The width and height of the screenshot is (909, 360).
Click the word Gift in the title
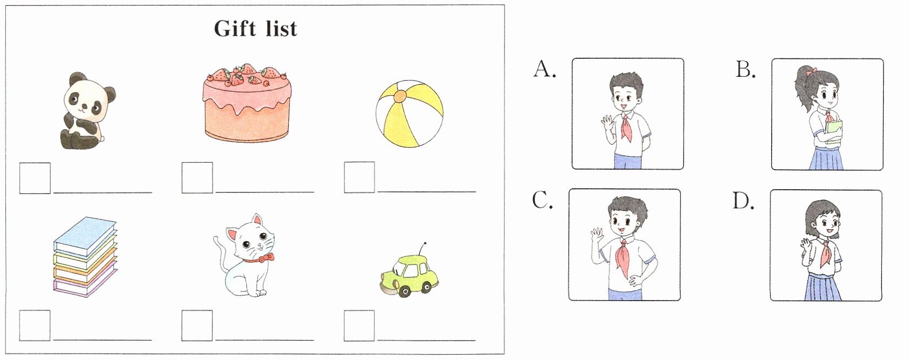pos(235,29)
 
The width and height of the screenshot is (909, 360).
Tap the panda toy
pos(87,110)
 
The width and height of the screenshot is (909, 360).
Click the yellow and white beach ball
pos(409,114)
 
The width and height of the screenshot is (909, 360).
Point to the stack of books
pos(85,257)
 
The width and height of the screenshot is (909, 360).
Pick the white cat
pos(245,256)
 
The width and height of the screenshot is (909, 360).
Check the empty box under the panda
pos(35,178)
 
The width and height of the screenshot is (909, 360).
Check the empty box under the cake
pos(197,178)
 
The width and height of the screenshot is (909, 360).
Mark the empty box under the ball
pos(360,177)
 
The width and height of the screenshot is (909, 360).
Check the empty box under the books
pos(35,325)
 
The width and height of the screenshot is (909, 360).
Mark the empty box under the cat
pos(197,325)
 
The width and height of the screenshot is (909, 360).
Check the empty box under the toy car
pos(359,325)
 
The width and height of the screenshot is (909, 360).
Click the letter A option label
pos(544,69)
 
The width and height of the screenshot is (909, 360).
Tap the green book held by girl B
pos(833,132)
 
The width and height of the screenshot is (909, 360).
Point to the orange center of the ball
pos(400,97)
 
